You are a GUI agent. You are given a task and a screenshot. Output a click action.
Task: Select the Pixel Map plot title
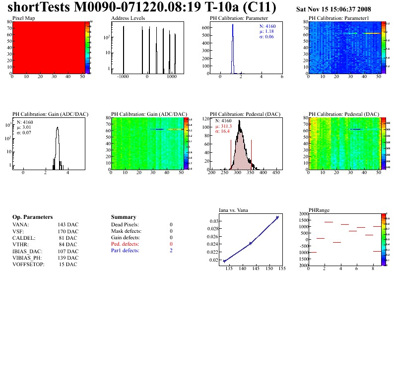[23, 18]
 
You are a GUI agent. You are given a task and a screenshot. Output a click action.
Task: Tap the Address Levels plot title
[128, 18]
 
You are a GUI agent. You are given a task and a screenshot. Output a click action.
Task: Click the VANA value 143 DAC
[68, 225]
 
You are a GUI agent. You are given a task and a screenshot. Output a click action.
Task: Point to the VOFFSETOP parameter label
[28, 264]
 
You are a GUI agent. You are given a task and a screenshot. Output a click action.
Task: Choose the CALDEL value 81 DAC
[68, 238]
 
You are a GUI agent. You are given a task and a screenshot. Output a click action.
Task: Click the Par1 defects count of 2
[171, 251]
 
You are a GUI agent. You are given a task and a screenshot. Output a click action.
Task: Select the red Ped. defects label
[125, 244]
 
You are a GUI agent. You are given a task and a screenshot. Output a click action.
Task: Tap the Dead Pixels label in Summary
[125, 225]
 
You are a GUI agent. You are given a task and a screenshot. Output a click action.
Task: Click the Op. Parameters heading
[32, 217]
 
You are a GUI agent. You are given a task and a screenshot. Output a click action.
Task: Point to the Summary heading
[123, 217]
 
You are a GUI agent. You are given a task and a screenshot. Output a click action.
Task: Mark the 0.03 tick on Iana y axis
[213, 221]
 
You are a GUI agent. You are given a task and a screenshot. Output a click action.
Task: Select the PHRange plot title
[319, 210]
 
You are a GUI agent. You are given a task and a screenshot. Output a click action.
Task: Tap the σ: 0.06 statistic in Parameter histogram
[266, 37]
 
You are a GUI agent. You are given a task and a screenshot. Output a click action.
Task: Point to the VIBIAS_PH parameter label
[27, 258]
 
